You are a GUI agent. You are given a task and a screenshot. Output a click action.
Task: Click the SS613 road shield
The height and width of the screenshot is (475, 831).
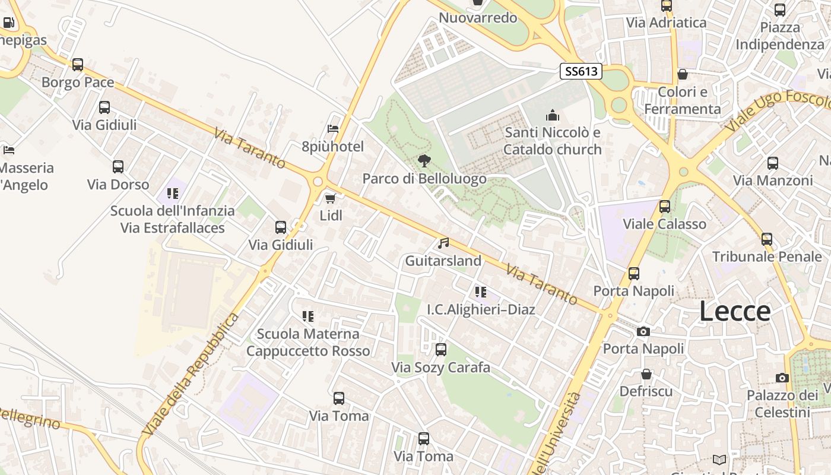point(581,72)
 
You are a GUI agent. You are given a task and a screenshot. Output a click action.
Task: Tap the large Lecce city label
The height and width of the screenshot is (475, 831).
point(735,311)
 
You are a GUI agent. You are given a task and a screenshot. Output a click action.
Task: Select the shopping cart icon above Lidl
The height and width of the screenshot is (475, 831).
point(331,198)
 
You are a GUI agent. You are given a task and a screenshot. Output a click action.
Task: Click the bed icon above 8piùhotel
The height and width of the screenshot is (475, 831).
point(333,128)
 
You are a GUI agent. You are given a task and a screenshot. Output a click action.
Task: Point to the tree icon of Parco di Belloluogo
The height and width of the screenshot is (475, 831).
point(424,160)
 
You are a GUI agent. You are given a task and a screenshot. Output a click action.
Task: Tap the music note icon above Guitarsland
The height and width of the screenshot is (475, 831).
point(443,243)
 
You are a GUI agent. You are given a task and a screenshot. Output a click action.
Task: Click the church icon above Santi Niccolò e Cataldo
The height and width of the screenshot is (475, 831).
point(553,115)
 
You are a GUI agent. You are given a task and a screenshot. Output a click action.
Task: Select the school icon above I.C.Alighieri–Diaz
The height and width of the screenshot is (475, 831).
point(481,292)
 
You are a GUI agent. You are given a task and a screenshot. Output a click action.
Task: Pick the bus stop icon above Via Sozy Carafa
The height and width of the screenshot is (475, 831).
point(440,350)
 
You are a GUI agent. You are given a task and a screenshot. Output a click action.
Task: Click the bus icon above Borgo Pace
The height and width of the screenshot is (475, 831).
point(78,64)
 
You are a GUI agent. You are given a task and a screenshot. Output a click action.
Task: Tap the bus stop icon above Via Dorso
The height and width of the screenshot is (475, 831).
point(118,167)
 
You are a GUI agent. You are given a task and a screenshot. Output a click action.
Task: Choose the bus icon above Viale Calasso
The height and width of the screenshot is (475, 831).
point(665,206)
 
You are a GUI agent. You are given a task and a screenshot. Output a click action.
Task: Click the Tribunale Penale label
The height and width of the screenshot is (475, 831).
point(767,256)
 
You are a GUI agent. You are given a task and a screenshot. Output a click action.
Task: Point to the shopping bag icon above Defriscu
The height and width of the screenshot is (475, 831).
point(646,374)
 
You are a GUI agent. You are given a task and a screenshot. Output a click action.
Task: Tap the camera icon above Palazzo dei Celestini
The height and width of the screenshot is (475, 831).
point(782,378)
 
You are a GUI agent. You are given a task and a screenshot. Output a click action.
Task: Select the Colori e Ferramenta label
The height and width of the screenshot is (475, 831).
point(683,100)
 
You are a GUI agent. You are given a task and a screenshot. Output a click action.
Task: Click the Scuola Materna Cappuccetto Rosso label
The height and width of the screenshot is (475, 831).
point(308,343)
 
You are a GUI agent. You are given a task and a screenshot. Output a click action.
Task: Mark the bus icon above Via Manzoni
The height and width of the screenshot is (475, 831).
point(772,163)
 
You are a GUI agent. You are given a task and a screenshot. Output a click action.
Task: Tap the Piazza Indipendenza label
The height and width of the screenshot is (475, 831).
point(780,36)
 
